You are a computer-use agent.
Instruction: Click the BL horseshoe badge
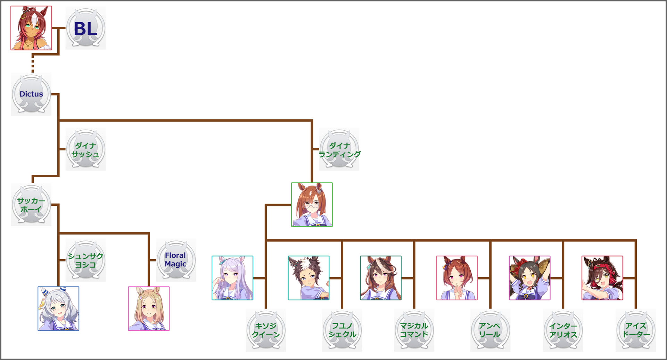(x=85, y=28)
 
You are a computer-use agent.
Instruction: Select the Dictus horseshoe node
(x=31, y=94)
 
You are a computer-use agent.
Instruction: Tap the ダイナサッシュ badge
(x=85, y=149)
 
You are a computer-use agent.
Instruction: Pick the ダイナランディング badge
(x=339, y=149)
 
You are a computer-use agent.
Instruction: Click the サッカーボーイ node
(x=31, y=205)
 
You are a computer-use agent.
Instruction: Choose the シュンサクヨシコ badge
(x=85, y=260)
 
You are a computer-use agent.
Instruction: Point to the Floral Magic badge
(x=176, y=260)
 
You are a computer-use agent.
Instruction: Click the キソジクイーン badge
(x=266, y=330)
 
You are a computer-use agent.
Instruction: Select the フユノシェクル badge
(x=342, y=330)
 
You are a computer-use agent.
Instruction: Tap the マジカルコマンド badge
(x=414, y=330)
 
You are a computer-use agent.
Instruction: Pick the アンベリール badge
(x=490, y=330)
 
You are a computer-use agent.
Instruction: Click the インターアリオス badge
(x=563, y=330)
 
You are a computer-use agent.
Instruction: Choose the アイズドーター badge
(x=636, y=330)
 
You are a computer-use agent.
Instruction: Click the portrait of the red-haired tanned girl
(x=31, y=28)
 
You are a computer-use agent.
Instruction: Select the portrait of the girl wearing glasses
(x=312, y=205)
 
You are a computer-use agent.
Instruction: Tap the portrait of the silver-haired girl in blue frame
(x=58, y=309)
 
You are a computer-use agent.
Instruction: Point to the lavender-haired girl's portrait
(x=232, y=278)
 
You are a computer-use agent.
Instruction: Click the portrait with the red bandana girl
(x=602, y=278)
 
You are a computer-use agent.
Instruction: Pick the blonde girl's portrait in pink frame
(x=149, y=309)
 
